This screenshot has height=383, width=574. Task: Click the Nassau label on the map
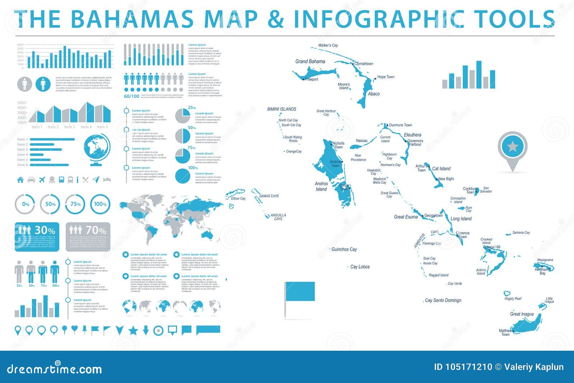(x=362, y=141)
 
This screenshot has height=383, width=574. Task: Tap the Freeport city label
(x=311, y=79)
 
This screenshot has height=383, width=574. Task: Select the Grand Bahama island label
(x=310, y=61)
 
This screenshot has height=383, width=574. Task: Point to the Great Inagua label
(x=522, y=314)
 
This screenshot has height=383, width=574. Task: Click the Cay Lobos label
(x=360, y=267)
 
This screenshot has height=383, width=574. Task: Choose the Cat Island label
(x=441, y=168)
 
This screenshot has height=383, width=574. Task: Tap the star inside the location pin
(x=513, y=146)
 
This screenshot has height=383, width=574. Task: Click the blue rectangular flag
(x=300, y=291)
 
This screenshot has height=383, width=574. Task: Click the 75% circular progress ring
(x=75, y=204)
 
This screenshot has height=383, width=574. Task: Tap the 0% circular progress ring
(x=25, y=204)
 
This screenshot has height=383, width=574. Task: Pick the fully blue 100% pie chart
(x=183, y=176)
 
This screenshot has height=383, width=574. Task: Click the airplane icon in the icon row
(x=42, y=179)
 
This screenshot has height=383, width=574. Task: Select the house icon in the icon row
(x=20, y=179)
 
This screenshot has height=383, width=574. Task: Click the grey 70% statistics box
(x=88, y=237)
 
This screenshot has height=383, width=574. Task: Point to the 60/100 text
(x=131, y=96)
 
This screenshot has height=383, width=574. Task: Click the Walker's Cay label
(x=328, y=45)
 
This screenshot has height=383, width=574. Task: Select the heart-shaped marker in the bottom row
(x=74, y=328)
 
